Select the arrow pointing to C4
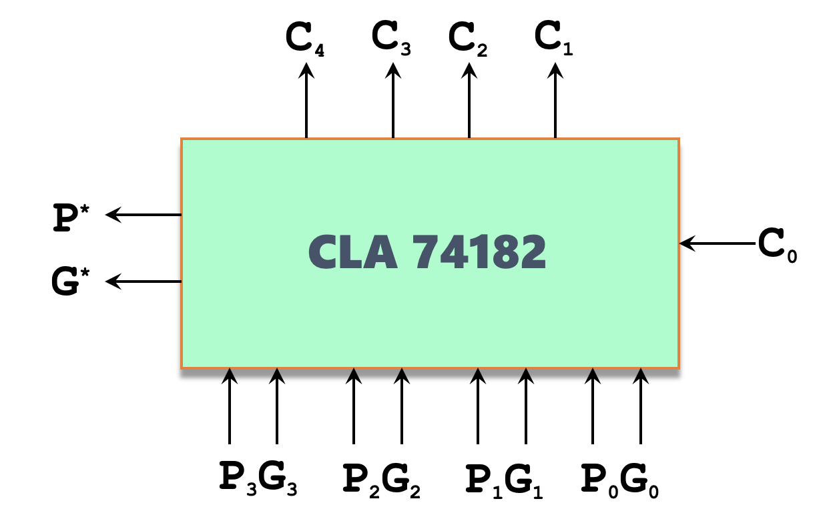pos(306,101)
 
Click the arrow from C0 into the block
pos(718,243)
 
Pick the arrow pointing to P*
pos(144,215)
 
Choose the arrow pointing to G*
pos(144,282)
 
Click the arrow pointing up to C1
pos(555,101)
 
